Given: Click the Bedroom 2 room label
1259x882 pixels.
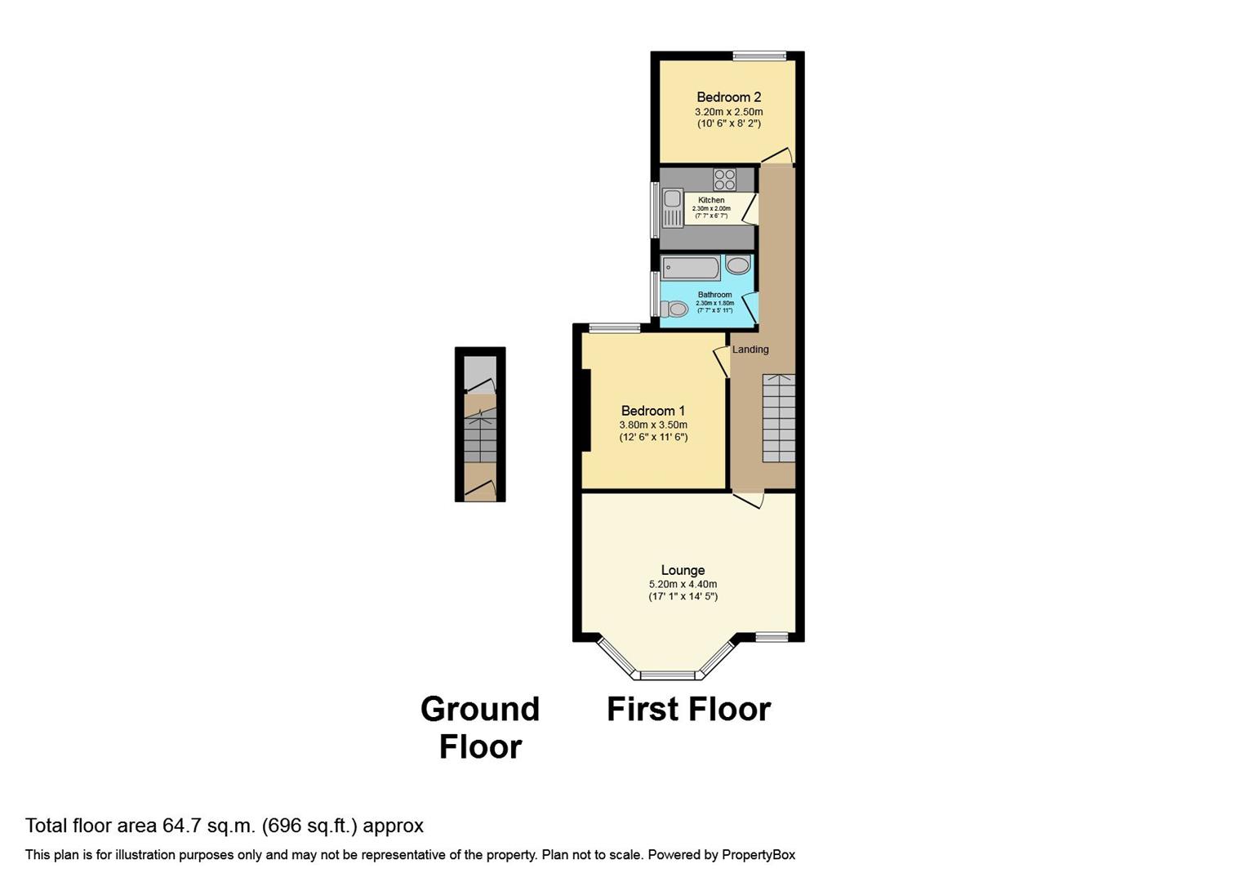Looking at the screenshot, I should [728, 97].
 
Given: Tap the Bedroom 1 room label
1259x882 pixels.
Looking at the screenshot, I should [652, 411].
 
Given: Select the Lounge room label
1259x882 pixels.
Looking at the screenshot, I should [683, 570].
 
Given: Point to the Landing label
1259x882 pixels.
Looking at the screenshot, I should [750, 350].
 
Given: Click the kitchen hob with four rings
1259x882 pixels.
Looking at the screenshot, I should [724, 179].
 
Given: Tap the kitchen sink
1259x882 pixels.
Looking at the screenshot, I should [673, 207].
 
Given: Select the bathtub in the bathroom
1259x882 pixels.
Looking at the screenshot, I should [691, 268].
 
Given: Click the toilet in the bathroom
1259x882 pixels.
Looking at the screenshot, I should [674, 309].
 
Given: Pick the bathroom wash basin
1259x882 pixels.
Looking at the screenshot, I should [737, 265].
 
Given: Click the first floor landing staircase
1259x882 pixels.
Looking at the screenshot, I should [778, 418].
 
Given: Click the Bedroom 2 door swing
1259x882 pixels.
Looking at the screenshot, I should [777, 156].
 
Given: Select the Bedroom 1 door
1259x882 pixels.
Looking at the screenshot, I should [721, 361].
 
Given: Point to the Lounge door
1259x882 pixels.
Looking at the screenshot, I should [749, 499].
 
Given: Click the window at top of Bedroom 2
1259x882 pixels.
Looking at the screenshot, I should [759, 56].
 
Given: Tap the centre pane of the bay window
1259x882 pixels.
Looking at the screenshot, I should [667, 675].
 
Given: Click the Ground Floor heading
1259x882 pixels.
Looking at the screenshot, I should [480, 727].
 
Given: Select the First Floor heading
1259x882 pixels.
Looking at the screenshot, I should [688, 709].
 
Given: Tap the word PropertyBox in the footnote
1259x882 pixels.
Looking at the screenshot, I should [759, 855].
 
